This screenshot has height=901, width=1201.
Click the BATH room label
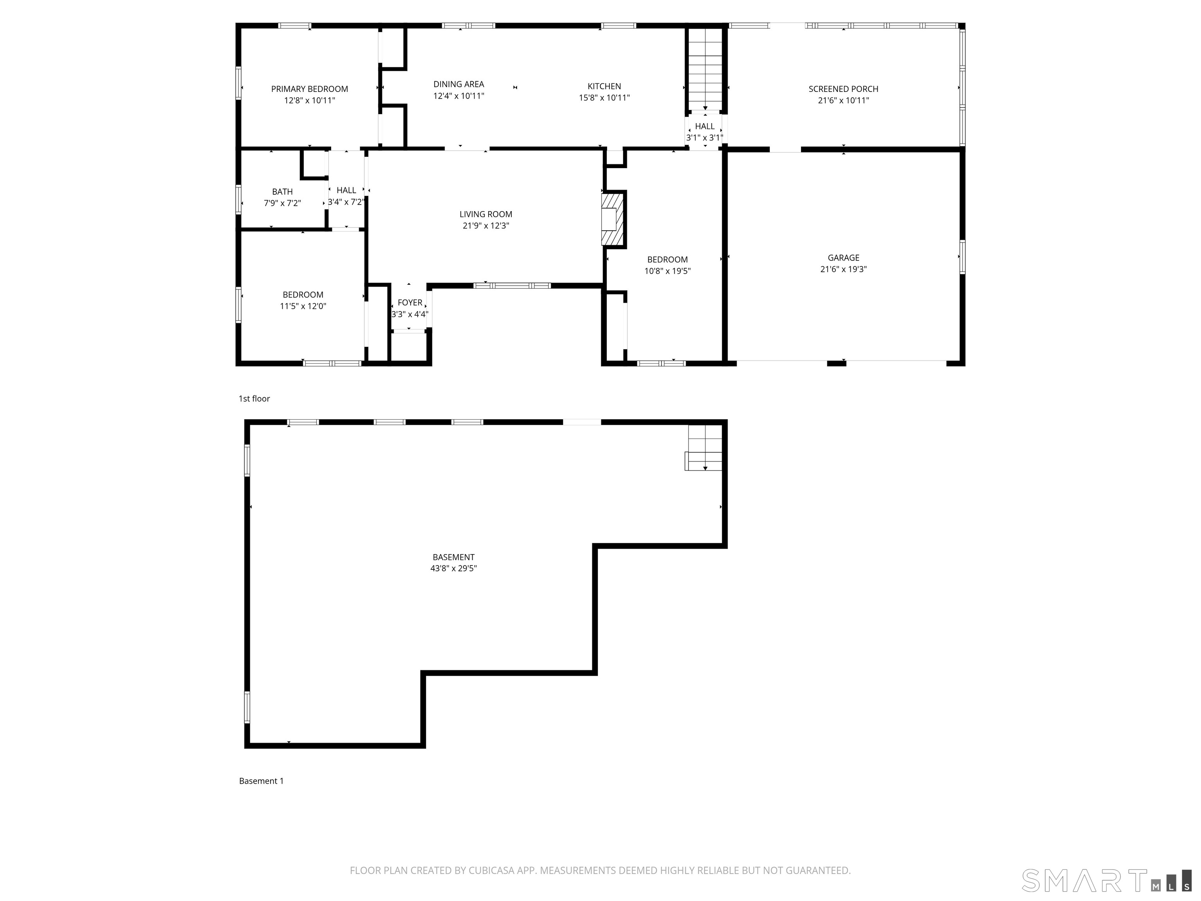click(282, 192)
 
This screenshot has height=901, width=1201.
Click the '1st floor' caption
click(254, 398)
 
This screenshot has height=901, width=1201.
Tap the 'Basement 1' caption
click(261, 781)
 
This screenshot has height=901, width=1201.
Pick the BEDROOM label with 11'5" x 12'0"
click(303, 295)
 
